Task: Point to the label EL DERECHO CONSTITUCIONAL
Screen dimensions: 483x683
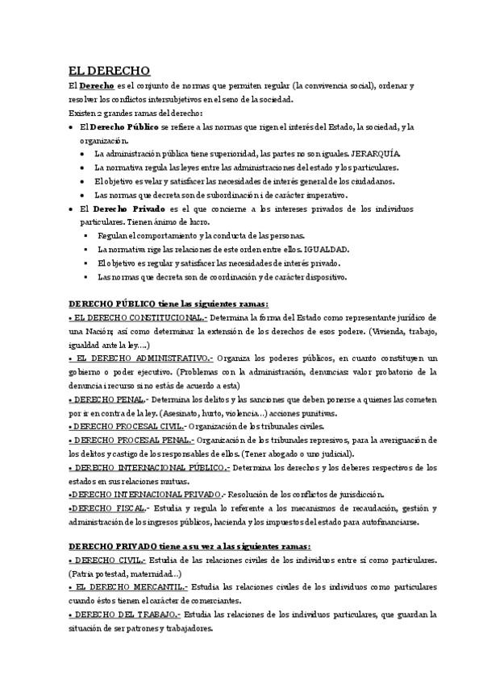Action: point(138,318)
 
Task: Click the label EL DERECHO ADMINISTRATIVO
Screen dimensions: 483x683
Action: point(140,358)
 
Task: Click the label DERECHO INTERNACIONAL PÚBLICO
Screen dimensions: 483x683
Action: point(149,467)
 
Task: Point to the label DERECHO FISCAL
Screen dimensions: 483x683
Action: point(109,508)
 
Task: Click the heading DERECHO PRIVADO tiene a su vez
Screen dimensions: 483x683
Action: point(190,548)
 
